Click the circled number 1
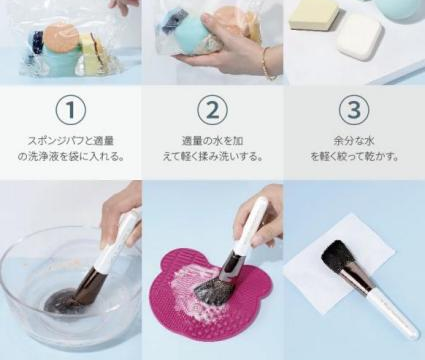[71, 109]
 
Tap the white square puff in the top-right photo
[360, 37]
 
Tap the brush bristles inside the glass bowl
[63, 297]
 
